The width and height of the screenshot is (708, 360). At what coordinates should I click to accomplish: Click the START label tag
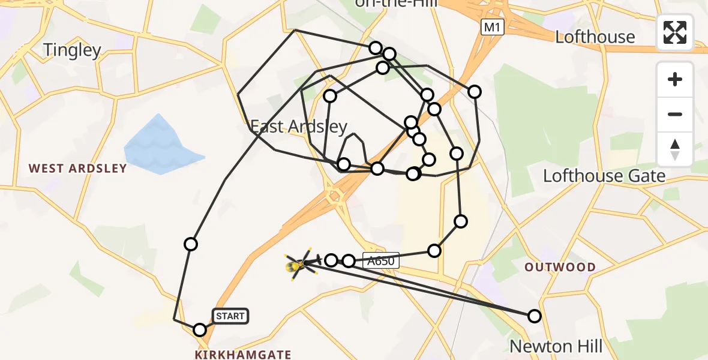[x=230, y=316]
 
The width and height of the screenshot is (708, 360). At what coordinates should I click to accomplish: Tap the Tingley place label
[x=71, y=50]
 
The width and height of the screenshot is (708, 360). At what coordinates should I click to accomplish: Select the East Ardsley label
[x=298, y=127]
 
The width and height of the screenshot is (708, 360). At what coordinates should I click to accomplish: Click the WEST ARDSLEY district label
[x=78, y=168]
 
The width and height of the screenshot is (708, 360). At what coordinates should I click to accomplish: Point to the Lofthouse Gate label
[x=604, y=176]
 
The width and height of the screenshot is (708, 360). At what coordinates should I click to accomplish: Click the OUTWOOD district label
[x=560, y=267]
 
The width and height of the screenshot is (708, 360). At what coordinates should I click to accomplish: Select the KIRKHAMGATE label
[x=243, y=355]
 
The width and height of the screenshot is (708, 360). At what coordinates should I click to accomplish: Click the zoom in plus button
[x=675, y=79]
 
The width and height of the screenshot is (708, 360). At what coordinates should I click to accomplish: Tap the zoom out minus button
[x=675, y=114]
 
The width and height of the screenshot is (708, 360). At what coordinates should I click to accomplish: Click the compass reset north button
[x=675, y=149]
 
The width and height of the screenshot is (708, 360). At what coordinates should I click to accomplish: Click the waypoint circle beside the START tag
[x=200, y=329]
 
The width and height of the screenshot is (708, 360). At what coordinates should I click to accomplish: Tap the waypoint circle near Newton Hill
[x=534, y=316]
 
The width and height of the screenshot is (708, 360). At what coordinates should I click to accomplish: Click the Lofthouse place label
[x=595, y=37]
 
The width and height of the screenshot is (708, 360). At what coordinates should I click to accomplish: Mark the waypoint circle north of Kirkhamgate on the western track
[x=191, y=244]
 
